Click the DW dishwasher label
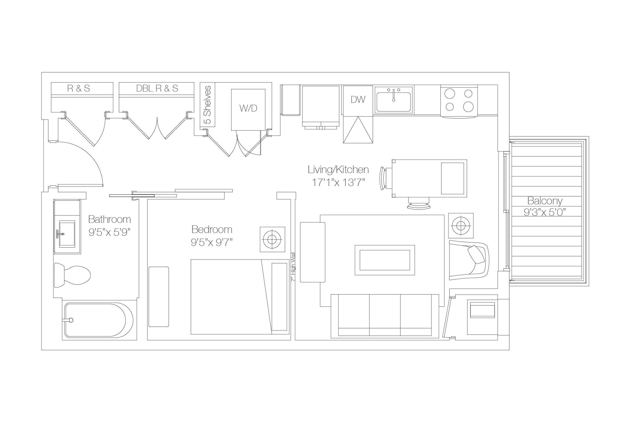(x=358, y=100)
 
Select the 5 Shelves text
(x=208, y=105)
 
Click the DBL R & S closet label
(x=157, y=89)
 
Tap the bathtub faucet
(x=70, y=320)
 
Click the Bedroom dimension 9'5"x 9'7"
(x=211, y=243)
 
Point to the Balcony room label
(x=545, y=201)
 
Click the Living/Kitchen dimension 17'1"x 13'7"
(x=338, y=183)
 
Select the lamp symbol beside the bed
(x=272, y=239)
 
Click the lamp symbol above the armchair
(x=461, y=226)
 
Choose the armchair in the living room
(x=469, y=260)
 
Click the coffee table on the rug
(x=384, y=260)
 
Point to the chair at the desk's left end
(x=383, y=179)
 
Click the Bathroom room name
(x=109, y=220)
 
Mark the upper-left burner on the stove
(x=450, y=94)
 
